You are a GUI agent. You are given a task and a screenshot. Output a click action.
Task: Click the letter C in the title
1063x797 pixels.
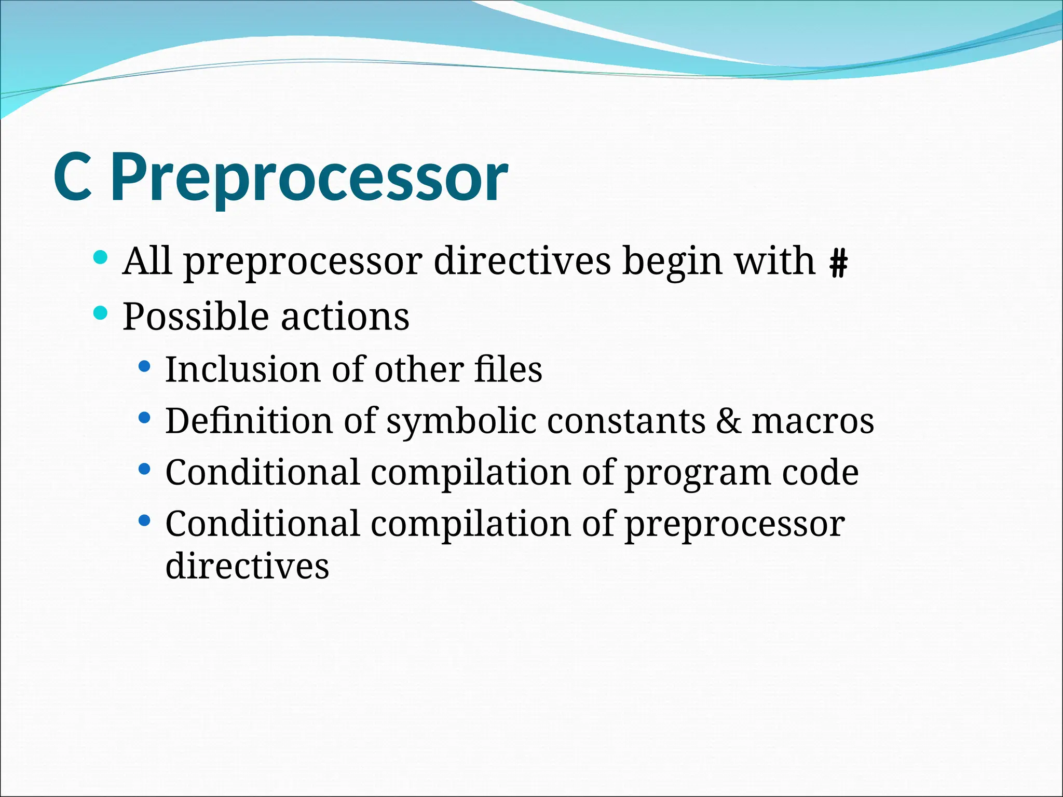[73, 177]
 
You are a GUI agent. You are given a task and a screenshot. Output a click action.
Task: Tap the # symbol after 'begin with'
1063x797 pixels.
[838, 263]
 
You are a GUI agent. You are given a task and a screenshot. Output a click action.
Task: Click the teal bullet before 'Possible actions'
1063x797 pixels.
[101, 313]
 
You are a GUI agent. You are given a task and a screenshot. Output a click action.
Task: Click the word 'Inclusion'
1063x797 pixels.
[242, 369]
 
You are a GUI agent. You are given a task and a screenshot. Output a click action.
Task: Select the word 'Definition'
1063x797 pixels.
[249, 420]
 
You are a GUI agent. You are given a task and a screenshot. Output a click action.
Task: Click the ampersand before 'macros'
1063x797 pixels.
[729, 421]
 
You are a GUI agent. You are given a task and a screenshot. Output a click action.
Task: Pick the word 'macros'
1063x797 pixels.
[813, 421]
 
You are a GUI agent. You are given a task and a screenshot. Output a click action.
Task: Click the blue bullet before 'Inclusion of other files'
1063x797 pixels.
[145, 367]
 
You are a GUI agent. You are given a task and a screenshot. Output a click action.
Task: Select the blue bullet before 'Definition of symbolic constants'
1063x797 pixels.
[145, 418]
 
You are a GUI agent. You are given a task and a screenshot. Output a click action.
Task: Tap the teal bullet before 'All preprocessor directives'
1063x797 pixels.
[101, 257]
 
